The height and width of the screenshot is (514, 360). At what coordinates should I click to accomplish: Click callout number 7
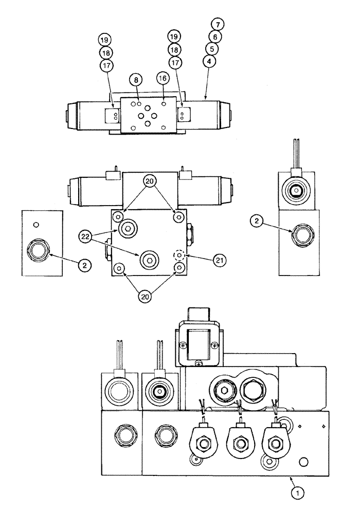[x=216, y=25]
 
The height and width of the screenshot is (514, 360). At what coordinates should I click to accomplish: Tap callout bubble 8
[x=135, y=81]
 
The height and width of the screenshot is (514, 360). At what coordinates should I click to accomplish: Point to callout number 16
[x=163, y=78]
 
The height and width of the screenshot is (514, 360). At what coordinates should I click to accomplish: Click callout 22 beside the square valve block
[x=86, y=237]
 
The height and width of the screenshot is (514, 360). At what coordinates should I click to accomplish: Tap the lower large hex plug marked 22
[x=149, y=261]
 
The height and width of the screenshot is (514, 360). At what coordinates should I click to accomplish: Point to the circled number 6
[x=213, y=36]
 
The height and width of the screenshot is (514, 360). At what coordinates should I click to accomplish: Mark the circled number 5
[x=211, y=48]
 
